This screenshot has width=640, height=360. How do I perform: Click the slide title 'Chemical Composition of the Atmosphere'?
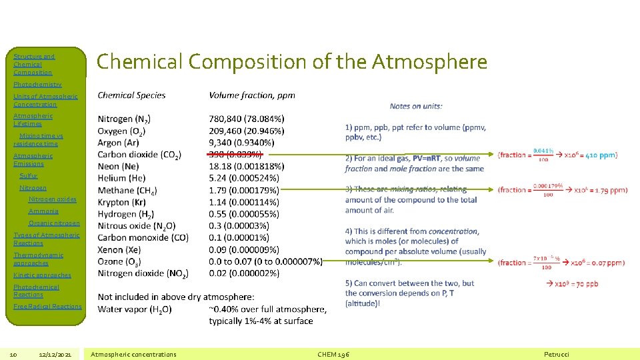point(292,62)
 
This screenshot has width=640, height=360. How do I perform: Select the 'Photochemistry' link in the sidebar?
point(37,85)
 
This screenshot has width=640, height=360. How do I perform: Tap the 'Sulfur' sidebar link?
point(29,176)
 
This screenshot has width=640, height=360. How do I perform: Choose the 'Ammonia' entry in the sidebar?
point(43,211)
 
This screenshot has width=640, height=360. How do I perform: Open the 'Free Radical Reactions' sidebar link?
point(47,307)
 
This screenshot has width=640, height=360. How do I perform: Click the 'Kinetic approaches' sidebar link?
point(42,275)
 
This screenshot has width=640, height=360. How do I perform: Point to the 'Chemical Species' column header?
point(131,95)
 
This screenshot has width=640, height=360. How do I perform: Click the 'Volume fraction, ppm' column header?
point(252,95)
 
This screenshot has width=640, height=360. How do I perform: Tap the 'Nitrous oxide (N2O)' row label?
point(137,226)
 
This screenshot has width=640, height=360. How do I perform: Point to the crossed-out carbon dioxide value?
point(235,155)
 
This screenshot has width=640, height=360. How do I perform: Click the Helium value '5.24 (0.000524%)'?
point(244,178)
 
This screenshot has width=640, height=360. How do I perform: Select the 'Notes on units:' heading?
point(416,106)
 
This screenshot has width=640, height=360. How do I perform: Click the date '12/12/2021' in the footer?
point(59,354)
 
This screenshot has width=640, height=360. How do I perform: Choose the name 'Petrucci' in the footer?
point(557,354)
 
